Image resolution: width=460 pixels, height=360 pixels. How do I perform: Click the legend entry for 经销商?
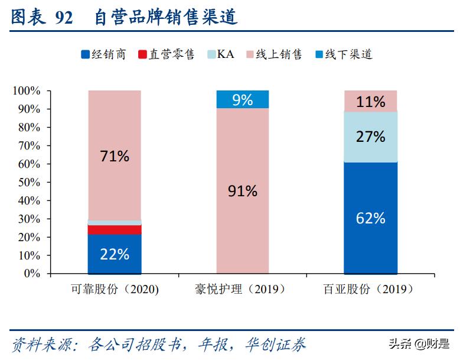click(104, 55)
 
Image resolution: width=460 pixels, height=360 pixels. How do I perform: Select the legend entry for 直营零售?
click(166, 55)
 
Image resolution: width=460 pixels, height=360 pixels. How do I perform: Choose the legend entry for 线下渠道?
click(345, 55)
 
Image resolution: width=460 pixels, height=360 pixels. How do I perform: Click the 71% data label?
click(115, 156)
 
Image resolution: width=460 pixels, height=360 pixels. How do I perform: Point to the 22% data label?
click(115, 254)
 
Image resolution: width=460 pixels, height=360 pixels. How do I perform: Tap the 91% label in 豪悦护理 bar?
click(243, 191)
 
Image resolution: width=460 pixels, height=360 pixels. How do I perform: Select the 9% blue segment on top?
click(243, 100)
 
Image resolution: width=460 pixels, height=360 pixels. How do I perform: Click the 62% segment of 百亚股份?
click(371, 218)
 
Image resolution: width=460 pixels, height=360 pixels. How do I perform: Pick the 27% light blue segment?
click(371, 137)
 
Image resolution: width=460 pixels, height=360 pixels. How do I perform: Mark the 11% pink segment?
click(371, 101)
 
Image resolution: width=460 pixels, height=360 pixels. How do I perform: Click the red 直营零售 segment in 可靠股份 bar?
click(115, 229)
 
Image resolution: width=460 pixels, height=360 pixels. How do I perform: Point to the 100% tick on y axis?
click(27, 91)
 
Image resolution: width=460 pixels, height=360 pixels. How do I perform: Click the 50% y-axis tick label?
click(28, 183)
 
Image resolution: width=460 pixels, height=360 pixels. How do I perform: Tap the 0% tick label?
click(32, 274)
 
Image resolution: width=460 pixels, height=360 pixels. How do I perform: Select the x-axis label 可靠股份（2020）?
click(115, 290)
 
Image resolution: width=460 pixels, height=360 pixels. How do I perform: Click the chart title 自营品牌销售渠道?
click(166, 18)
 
